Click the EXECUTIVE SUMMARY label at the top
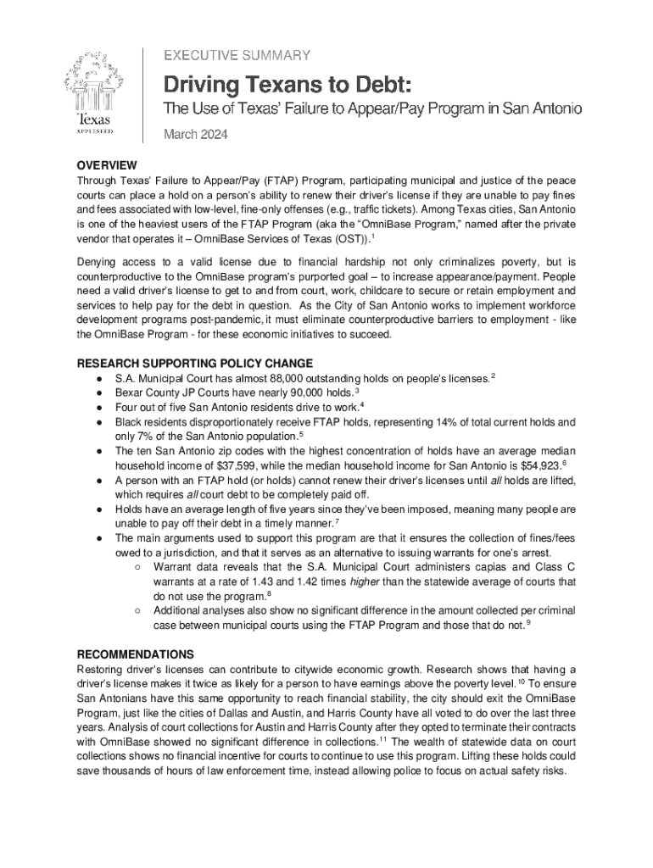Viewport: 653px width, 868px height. coord(237,55)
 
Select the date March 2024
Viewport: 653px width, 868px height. coord(195,134)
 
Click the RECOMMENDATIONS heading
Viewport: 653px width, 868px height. coord(136,654)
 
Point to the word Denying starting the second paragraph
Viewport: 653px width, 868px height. coord(98,262)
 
